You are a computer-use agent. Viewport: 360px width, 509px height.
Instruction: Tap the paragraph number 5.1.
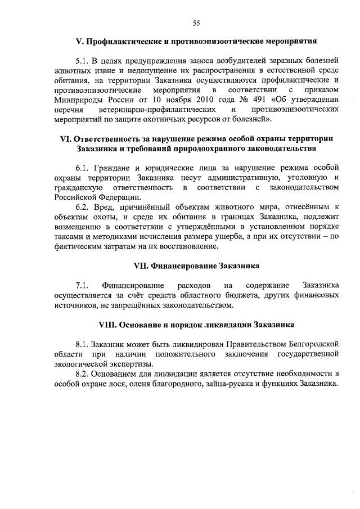(x=83, y=60)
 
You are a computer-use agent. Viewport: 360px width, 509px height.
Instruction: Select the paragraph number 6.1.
(x=83, y=168)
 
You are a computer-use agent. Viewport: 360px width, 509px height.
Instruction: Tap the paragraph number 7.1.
(x=83, y=285)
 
